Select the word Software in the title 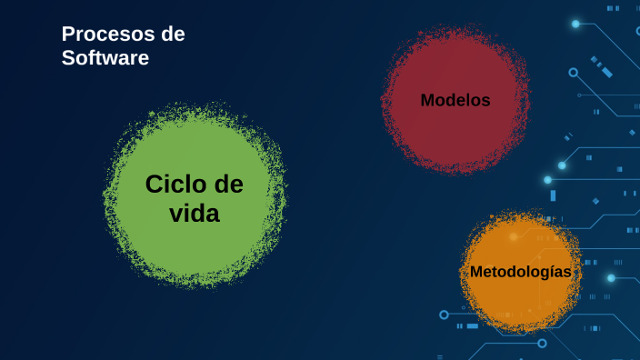pos(105,58)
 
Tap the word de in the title pos(172,35)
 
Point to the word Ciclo pos(177,185)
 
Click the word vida pos(195,214)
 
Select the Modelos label pos(455,100)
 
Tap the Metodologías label pos(520,272)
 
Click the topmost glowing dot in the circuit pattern pos(575,24)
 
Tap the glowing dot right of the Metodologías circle pos(611,277)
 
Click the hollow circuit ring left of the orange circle pos(445,315)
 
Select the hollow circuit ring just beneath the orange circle pos(542,343)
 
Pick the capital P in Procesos pos(67,35)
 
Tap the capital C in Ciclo pos(154,185)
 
